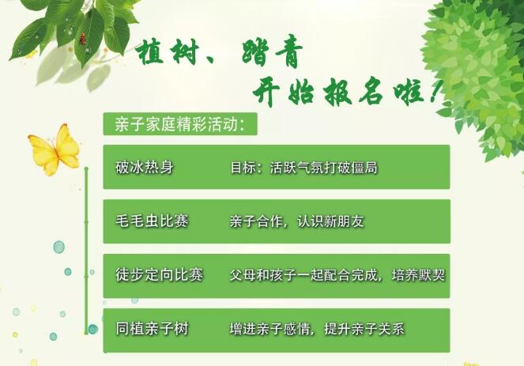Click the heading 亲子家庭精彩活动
tap(179, 125)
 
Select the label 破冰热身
tap(144, 168)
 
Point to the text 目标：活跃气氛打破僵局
tap(303, 168)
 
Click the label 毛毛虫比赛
tap(152, 221)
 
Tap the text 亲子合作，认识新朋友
tap(296, 221)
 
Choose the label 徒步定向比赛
tap(159, 275)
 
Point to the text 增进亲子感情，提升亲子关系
tap(316, 329)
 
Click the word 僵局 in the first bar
tap(364, 168)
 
